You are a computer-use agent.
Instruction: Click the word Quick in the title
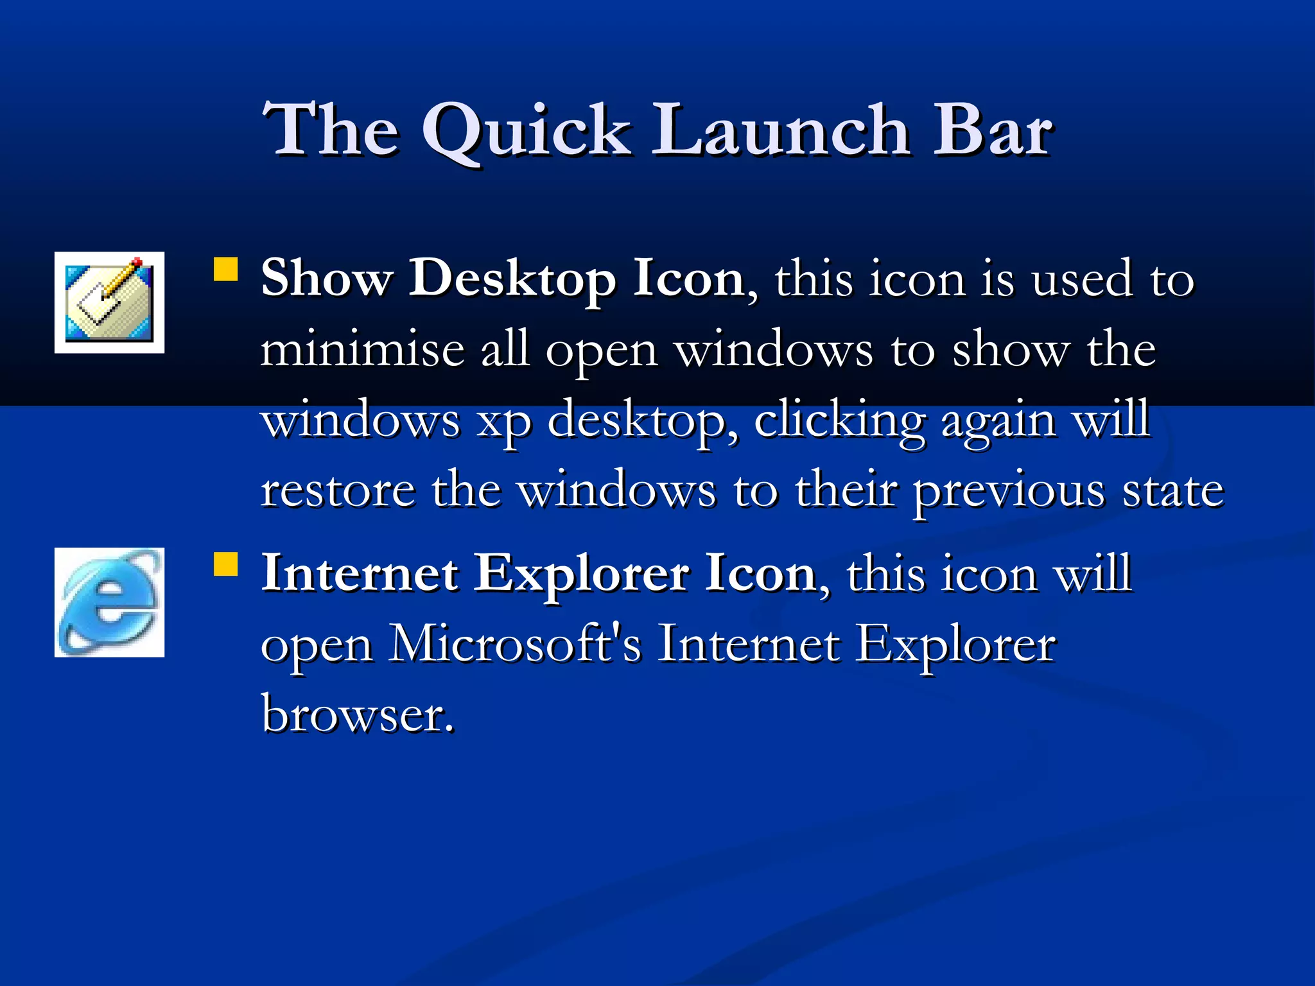point(527,132)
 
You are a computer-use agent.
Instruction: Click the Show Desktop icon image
point(109,302)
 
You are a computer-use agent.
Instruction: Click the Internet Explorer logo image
point(109,602)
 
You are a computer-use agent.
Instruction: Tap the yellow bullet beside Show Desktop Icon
point(225,270)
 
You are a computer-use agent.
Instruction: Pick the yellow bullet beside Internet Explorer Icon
point(225,564)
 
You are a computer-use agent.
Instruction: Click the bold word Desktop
point(512,280)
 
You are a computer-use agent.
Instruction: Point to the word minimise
point(362,350)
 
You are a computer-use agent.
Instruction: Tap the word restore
point(338,491)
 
